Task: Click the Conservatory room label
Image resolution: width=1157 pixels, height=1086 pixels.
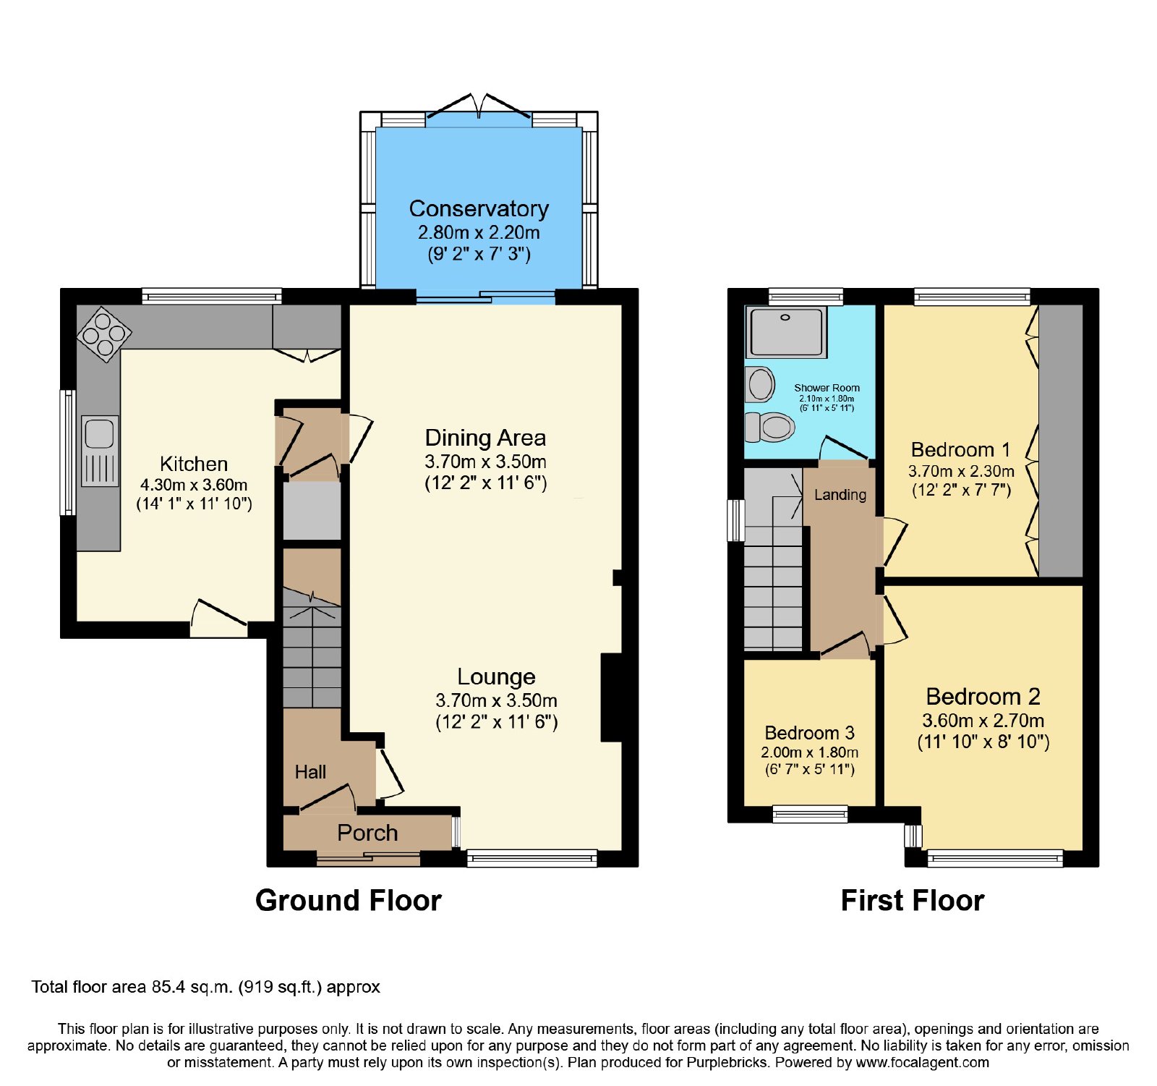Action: (x=479, y=208)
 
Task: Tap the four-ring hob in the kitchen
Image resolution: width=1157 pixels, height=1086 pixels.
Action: (x=105, y=334)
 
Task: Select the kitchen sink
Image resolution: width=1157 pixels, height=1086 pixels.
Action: (x=100, y=451)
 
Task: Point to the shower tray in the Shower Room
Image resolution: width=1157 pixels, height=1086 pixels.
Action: (x=786, y=333)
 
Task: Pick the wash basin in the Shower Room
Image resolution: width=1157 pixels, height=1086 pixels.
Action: (x=760, y=384)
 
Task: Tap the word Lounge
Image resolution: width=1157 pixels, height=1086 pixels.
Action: (x=496, y=676)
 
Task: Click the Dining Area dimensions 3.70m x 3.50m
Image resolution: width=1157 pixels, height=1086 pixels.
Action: (x=485, y=462)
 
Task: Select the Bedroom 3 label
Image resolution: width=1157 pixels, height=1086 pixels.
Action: (x=810, y=733)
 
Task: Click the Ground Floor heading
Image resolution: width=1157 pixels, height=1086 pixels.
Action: (x=349, y=901)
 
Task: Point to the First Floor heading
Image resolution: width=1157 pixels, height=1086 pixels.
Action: (x=913, y=901)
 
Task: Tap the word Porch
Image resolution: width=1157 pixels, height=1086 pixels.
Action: (x=367, y=833)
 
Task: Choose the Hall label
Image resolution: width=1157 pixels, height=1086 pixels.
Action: (x=310, y=772)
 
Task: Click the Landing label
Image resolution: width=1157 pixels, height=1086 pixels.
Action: (x=840, y=495)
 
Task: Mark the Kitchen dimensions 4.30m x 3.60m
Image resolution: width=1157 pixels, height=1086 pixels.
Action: (x=194, y=485)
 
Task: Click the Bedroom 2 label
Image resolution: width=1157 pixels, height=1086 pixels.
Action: (x=983, y=697)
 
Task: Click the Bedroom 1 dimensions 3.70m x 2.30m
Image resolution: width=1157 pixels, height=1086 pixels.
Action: (x=961, y=471)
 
